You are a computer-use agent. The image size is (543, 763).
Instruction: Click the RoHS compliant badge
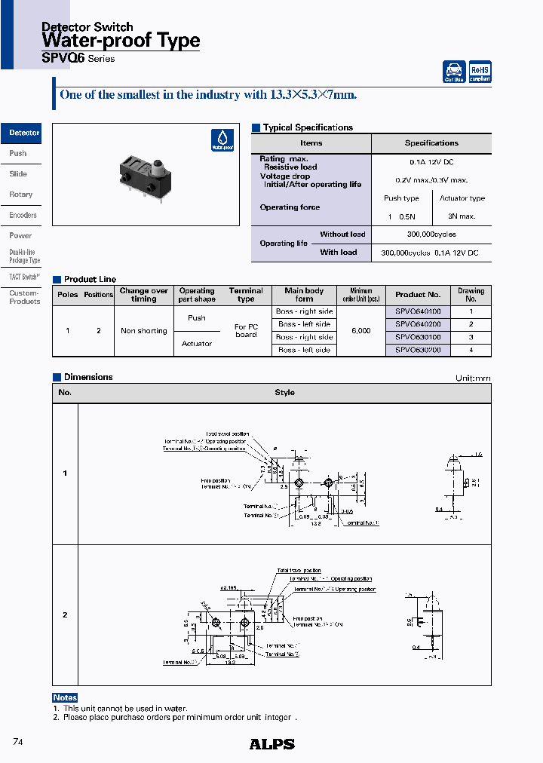pos(480,72)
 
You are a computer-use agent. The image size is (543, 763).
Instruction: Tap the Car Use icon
pos(454,72)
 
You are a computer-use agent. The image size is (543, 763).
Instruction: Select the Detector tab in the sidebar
pos(23,133)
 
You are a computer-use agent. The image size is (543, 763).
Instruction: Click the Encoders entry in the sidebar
pos(23,216)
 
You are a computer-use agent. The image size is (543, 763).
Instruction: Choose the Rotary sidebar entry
pos(21,195)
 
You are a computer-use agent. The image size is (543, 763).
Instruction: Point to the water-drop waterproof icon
pos(222,140)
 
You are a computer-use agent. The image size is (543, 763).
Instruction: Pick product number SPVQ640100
pos(418,311)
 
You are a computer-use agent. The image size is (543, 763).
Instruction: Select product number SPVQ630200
pos(418,350)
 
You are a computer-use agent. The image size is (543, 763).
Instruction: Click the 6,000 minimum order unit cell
pos(360,331)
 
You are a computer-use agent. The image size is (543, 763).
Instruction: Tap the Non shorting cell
pos(143,331)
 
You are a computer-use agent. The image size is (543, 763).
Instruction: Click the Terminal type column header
pos(246,295)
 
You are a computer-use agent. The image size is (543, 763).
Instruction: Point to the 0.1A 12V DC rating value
pos(431,162)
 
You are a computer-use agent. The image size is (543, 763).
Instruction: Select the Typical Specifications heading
pos(308,127)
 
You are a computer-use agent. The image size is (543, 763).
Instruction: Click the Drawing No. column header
pos(471,295)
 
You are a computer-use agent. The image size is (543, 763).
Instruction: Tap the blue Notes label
pos(66,697)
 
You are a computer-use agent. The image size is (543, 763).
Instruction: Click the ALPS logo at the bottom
pos(271,744)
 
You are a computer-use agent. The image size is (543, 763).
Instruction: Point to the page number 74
pos(19,742)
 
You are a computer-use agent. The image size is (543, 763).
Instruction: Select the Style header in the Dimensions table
pos(284,392)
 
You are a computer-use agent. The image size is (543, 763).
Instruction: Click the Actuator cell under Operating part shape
pos(197,344)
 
